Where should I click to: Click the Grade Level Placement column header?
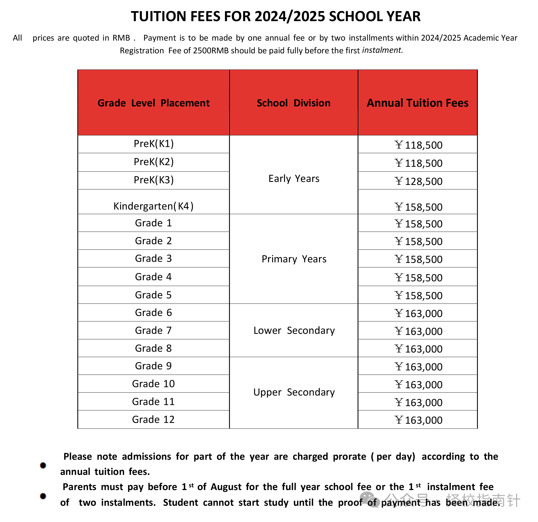click(x=153, y=103)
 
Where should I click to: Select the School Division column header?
click(x=294, y=103)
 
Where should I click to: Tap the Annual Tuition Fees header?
click(x=417, y=103)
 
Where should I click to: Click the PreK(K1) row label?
click(x=153, y=144)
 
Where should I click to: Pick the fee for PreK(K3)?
click(x=418, y=181)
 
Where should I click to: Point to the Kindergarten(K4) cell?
click(x=153, y=206)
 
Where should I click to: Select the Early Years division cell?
click(x=294, y=178)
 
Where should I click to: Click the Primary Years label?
click(x=294, y=259)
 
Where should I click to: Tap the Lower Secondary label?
click(x=294, y=331)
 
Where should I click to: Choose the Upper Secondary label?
click(x=294, y=392)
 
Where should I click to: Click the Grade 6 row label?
click(x=153, y=312)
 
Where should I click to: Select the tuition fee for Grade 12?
click(x=418, y=420)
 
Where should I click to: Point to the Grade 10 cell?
click(x=153, y=384)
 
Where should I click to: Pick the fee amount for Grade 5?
click(x=418, y=296)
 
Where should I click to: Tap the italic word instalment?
click(x=382, y=50)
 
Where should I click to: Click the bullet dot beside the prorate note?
click(x=43, y=465)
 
